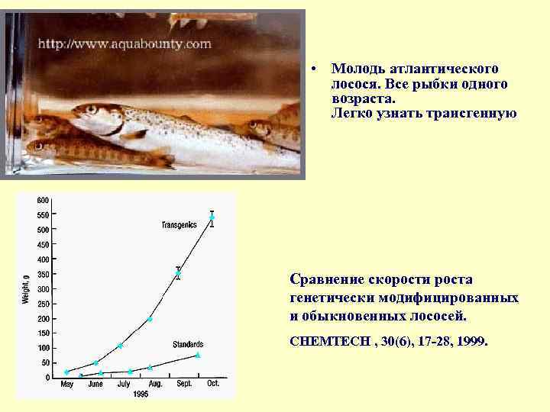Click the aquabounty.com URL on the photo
[125, 43]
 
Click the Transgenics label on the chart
[180, 224]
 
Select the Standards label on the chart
[188, 343]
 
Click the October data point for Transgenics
[212, 217]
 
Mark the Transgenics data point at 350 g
[178, 273]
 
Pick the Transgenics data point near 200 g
[150, 319]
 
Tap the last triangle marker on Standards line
[198, 355]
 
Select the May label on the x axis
[67, 384]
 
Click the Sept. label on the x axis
[184, 384]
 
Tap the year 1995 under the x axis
[140, 394]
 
